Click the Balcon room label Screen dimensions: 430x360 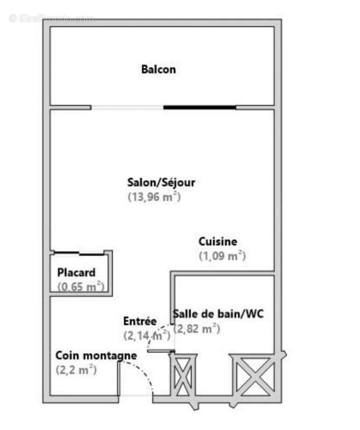pyautogui.click(x=158, y=69)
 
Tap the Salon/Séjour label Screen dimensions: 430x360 pyautogui.click(x=161, y=182)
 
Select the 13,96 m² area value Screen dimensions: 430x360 pyautogui.click(x=154, y=197)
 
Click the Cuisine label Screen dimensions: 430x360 pyautogui.click(x=217, y=242)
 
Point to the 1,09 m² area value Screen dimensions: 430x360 pyautogui.click(x=222, y=256)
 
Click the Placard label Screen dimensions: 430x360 pyautogui.click(x=76, y=273)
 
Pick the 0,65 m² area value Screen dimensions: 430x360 pyautogui.click(x=81, y=287)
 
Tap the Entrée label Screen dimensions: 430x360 pyautogui.click(x=140, y=321)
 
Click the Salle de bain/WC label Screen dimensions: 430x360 pyautogui.click(x=218, y=314)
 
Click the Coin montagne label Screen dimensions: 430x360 pyautogui.click(x=96, y=355)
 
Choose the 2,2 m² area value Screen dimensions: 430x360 pyautogui.click(x=76, y=370)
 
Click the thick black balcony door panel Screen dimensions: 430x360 pyautogui.click(x=199, y=107)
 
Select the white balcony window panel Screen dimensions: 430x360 pyautogui.click(x=127, y=107)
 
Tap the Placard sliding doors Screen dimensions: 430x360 pyautogui.click(x=79, y=253)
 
